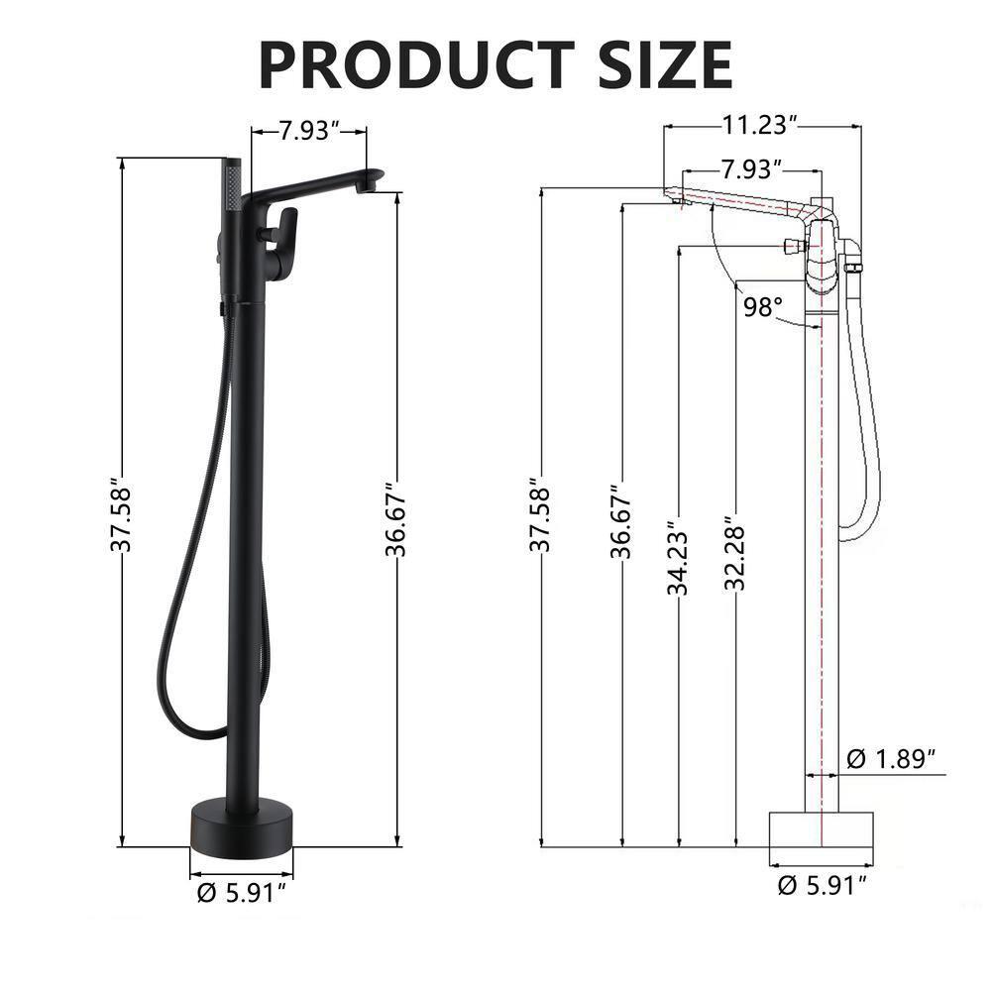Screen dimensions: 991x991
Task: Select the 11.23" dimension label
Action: click(760, 125)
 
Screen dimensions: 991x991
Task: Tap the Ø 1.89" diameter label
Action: click(892, 759)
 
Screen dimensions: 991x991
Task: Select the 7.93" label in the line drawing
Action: click(750, 168)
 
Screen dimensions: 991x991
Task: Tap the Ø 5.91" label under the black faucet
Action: click(242, 892)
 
